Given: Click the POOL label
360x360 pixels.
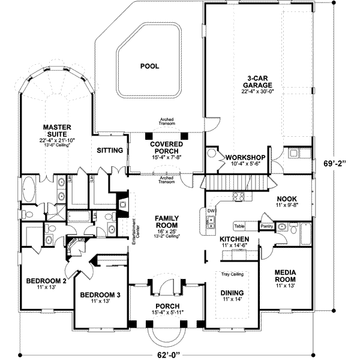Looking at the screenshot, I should pos(149,66).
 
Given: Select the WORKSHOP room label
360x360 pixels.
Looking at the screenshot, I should pos(244,157).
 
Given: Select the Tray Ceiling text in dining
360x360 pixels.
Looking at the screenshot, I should pos(230,274).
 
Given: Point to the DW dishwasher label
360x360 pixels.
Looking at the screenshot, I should pos(211,211).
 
